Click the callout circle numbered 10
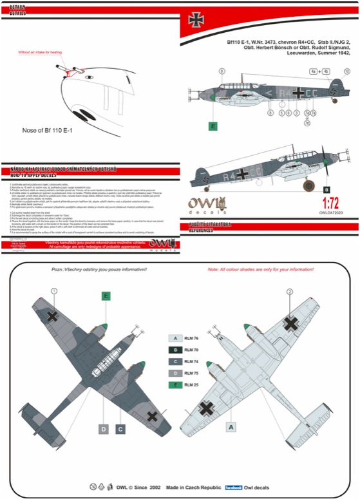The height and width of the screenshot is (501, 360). pos(346,71)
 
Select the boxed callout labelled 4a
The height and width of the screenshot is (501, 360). pos(313,71)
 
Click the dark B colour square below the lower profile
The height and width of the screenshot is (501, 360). pos(327,190)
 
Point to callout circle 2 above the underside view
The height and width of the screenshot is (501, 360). pos(290,292)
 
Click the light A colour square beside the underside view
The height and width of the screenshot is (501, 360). pos(231,426)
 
